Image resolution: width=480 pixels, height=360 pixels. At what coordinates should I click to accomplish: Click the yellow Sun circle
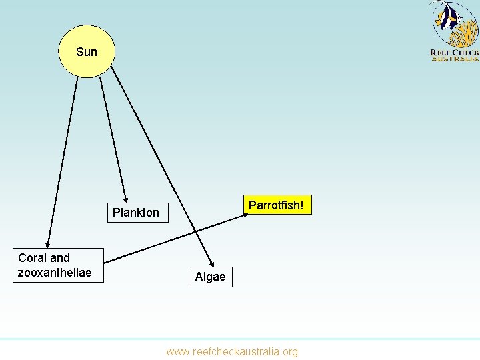[87, 40]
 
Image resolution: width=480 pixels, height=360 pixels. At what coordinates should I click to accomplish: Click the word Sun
[87, 52]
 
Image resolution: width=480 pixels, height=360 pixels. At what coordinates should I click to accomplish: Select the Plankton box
[136, 213]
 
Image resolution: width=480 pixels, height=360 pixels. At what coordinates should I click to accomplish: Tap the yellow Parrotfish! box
[277, 205]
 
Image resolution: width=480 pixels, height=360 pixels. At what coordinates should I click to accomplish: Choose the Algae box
[211, 276]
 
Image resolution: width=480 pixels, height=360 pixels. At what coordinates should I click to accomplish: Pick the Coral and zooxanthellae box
[59, 265]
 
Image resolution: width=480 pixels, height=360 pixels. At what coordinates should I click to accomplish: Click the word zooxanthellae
[55, 273]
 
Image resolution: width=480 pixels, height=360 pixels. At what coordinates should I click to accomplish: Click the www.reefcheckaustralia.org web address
[232, 351]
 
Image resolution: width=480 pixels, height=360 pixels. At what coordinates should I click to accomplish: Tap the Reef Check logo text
[454, 53]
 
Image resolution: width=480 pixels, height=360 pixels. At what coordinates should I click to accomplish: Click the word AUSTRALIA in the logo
[455, 59]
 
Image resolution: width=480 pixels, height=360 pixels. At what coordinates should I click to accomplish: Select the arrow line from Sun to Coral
[61, 160]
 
